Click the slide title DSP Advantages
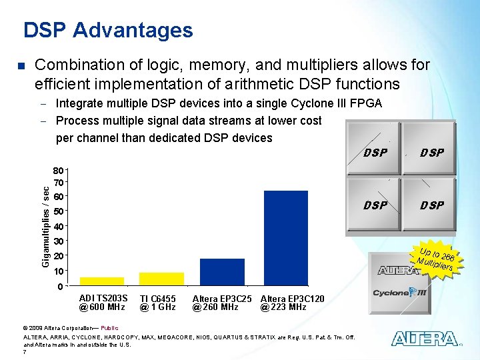point(108,30)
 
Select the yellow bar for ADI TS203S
point(101,281)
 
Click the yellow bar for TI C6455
point(161,278)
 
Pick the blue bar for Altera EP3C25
point(222,271)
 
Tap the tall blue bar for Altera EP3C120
point(285,237)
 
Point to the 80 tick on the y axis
point(59,170)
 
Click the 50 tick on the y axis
point(59,212)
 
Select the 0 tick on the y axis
point(60,287)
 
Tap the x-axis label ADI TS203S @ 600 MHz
point(103,303)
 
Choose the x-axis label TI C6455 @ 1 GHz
point(158,303)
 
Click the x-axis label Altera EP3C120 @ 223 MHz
point(292,303)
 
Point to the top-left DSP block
point(375,153)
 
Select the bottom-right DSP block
point(431,205)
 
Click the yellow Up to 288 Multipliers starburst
point(436,259)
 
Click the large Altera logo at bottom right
point(425,339)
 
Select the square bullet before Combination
point(20,66)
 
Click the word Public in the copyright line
point(109,328)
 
